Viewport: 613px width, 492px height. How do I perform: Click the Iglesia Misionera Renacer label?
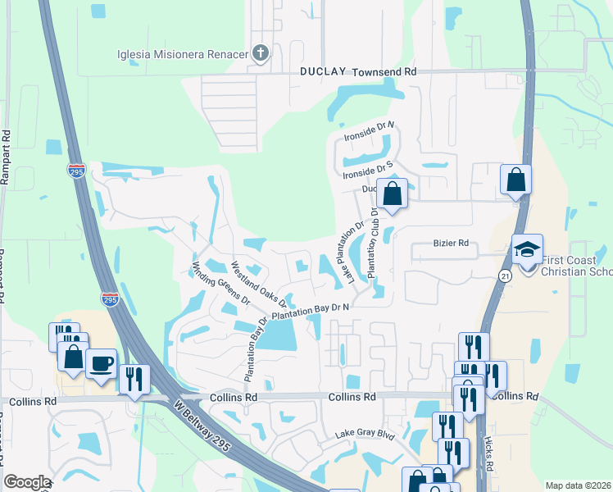click(182, 54)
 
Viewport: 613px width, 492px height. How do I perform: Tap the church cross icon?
click(261, 54)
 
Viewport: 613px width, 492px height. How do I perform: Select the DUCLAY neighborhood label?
click(322, 72)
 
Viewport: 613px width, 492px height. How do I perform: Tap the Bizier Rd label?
click(451, 244)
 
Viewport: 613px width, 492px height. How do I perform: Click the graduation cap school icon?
click(527, 249)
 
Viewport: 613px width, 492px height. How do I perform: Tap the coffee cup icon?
click(101, 363)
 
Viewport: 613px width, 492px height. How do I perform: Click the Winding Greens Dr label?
click(220, 284)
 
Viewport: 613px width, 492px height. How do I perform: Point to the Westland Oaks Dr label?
click(257, 284)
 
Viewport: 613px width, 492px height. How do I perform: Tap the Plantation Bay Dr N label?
click(311, 311)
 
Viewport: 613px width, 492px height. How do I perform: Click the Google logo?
click(27, 482)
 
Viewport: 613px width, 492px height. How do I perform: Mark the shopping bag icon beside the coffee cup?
click(73, 357)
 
